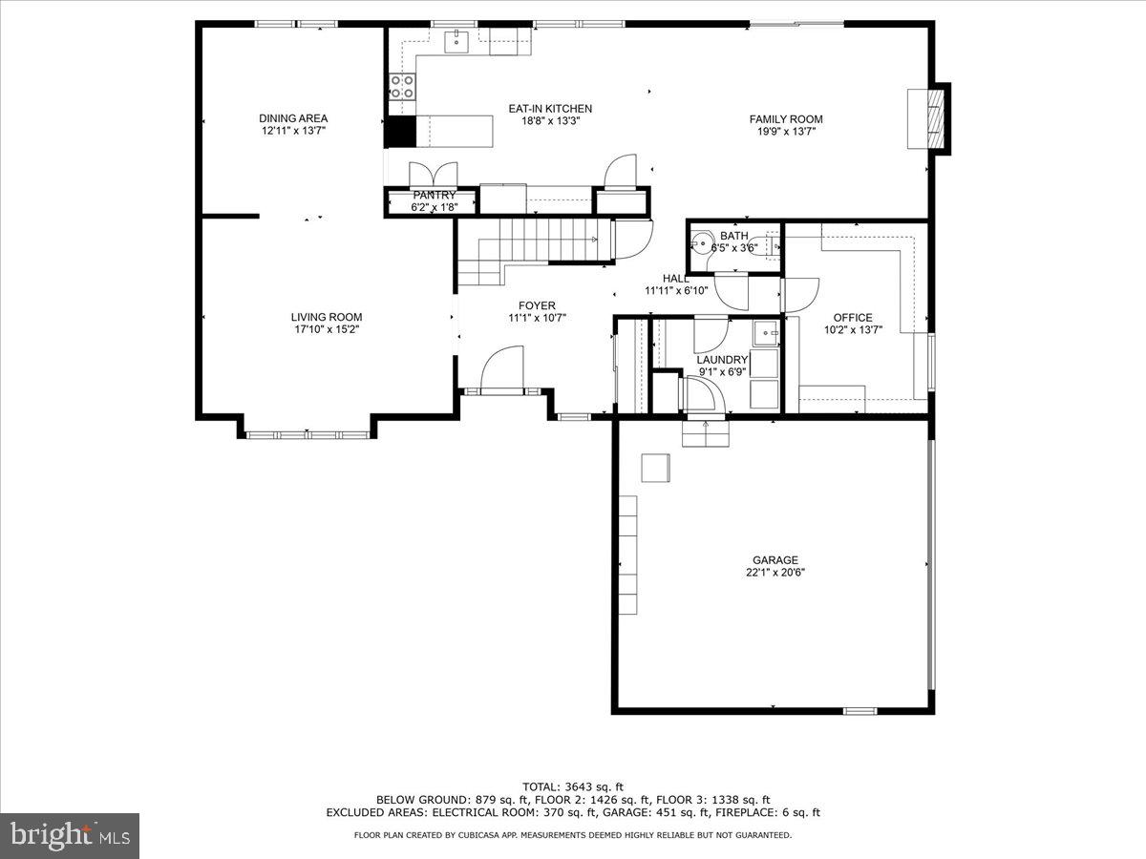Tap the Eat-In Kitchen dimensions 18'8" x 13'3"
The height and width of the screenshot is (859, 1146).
pos(550,121)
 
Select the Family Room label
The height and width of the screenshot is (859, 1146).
pos(785,119)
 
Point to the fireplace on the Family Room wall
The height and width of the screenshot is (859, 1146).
pos(928,118)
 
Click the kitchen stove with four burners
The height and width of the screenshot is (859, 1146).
pos(402,87)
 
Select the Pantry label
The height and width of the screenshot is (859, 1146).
pos(434,195)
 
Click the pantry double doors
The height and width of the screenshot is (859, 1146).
pos(434,174)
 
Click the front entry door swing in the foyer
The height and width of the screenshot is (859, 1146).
pos(502,370)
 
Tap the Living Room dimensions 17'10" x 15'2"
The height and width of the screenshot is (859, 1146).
pos(327,329)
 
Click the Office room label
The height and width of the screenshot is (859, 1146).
pos(852,318)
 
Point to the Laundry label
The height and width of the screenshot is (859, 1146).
pos(721,360)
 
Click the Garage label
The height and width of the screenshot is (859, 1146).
pos(774,560)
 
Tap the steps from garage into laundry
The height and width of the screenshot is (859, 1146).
pos(706,433)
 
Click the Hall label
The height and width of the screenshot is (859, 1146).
pos(676,278)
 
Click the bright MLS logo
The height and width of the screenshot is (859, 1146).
pos(70,836)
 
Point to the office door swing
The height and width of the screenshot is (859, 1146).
pos(801,294)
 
